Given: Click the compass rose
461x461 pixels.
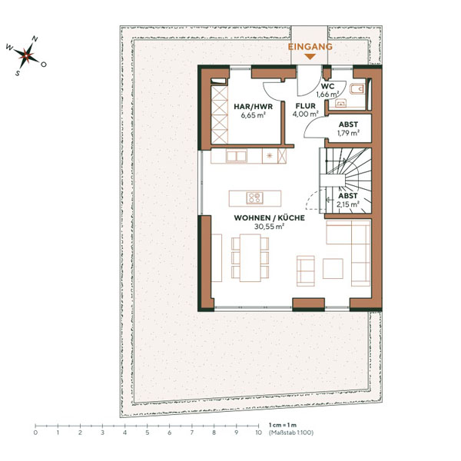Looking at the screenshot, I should coord(25,55).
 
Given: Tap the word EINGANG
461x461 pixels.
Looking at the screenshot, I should coord(310,47).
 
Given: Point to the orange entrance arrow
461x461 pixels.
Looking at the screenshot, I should coord(310,56).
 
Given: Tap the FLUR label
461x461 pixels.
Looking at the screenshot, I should coord(305,107).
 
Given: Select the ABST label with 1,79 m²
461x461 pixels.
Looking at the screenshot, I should coord(347,124).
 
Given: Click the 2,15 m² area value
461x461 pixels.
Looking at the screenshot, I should coord(347,204).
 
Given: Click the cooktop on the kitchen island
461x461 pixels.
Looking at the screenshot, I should coord(256,197).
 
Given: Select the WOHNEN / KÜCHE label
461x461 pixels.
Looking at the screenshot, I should coord(269,218).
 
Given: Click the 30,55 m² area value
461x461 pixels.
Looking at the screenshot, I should coord(269,227).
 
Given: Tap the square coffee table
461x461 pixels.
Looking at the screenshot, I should coord(333,268).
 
